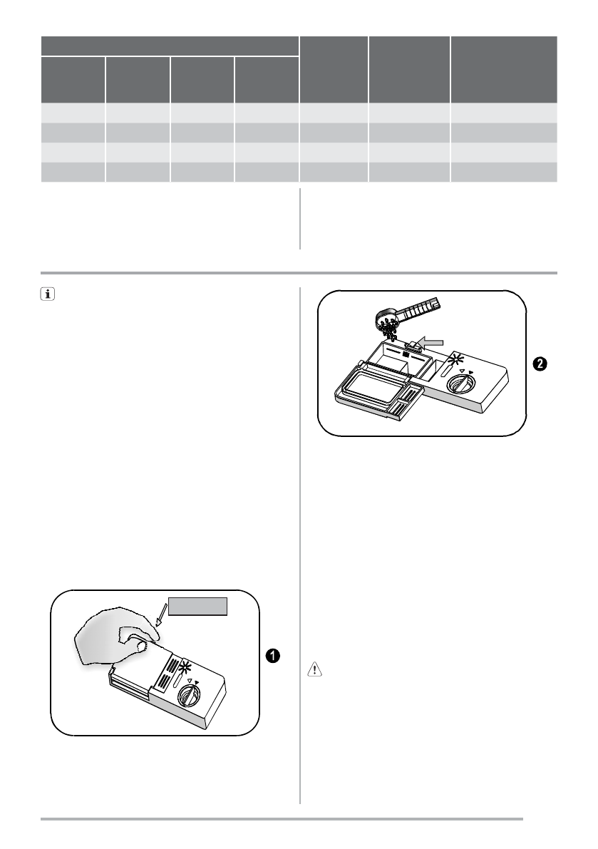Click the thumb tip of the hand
[x=142, y=646]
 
